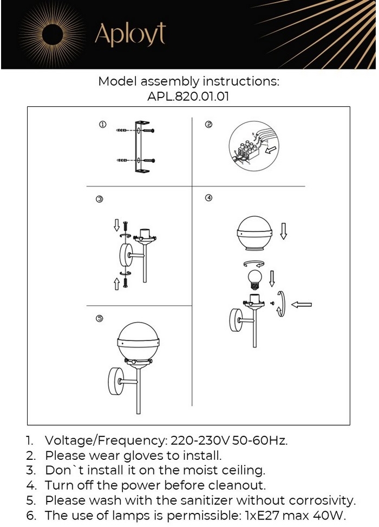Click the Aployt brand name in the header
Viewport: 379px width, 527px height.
130,34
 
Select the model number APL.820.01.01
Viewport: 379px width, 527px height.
188,97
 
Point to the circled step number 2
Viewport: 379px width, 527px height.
209,125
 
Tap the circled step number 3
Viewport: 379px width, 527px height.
100,200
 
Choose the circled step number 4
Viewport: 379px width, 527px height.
209,197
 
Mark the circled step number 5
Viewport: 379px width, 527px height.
100,318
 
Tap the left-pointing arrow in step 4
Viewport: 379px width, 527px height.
302,305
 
